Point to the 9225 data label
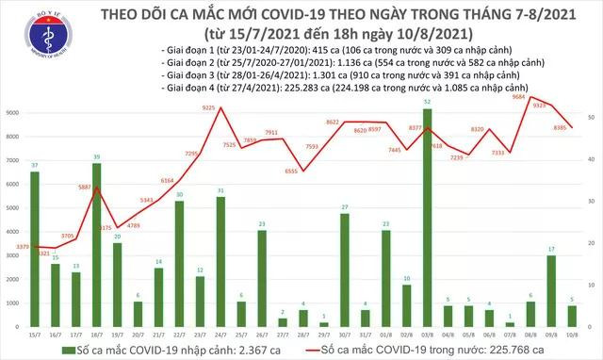pos(213,108)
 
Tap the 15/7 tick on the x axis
pos(35,334)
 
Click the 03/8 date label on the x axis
pos(428,334)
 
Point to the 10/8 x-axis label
pos(572,334)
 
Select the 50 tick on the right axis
pos(590,116)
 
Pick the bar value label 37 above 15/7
pos(35,165)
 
